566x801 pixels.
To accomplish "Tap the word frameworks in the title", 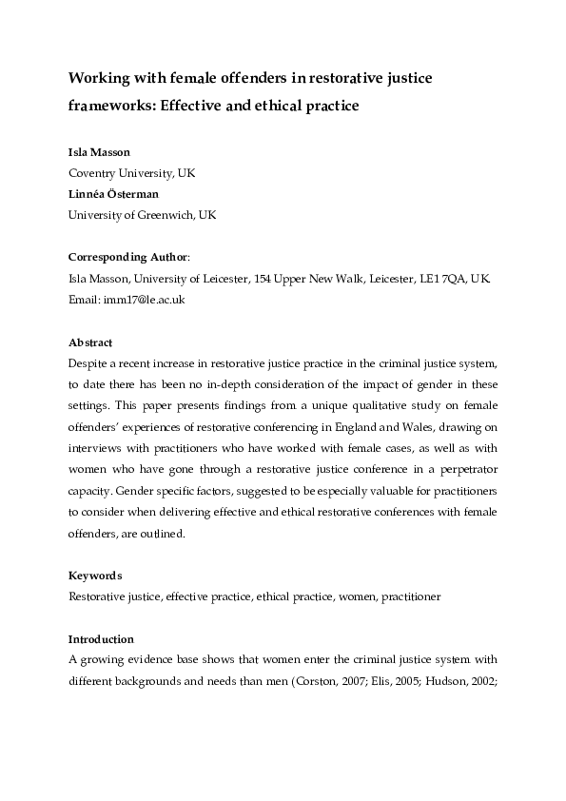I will pyautogui.click(x=107, y=106).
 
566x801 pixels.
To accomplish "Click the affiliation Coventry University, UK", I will pyautogui.click(x=130, y=174).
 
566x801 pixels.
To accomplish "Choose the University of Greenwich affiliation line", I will pyautogui.click(x=142, y=215).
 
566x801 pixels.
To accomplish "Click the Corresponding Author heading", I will pyautogui.click(x=128, y=257).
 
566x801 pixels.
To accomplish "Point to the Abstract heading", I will pyautogui.click(x=90, y=342).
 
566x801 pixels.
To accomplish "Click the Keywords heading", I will pyautogui.click(x=94, y=576).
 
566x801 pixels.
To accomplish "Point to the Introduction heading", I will pyautogui.click(x=101, y=638).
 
